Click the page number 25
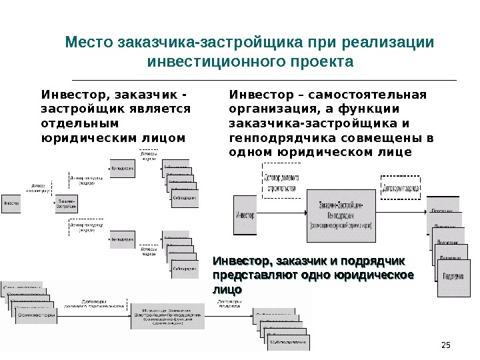[447, 344]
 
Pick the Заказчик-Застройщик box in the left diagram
[65, 202]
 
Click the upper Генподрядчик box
[123, 168]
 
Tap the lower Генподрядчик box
[123, 239]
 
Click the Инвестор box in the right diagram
[245, 214]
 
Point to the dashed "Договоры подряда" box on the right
[401, 188]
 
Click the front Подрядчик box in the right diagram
[453, 277]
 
